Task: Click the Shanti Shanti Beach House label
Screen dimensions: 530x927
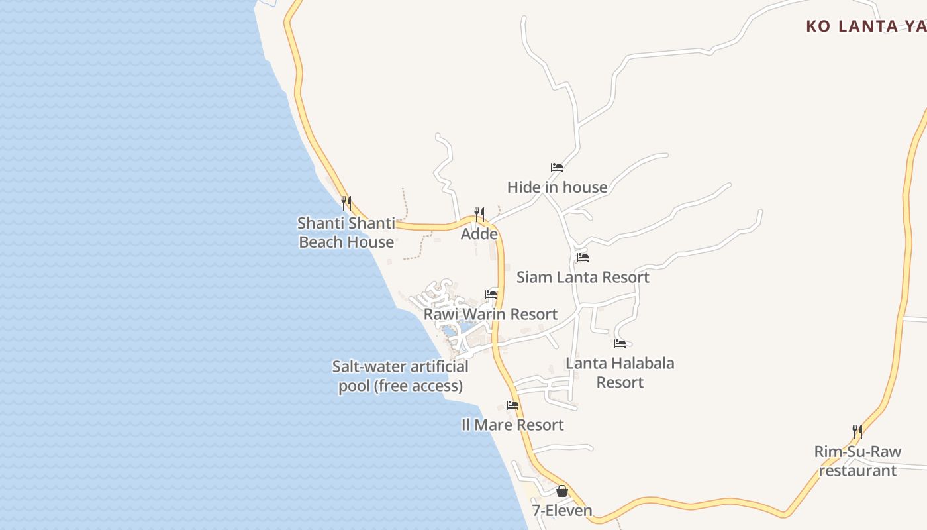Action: (x=346, y=233)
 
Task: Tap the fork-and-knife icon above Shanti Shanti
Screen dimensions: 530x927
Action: (x=346, y=203)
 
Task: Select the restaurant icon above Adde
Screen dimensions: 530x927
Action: (x=479, y=214)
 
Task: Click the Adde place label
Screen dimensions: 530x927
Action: (x=479, y=234)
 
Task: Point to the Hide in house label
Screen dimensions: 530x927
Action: (x=557, y=187)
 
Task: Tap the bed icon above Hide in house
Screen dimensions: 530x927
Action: (x=557, y=168)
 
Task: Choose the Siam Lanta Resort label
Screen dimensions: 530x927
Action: (x=583, y=277)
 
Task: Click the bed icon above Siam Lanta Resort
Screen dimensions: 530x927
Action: (x=583, y=257)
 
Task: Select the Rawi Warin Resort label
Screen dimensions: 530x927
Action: (x=491, y=314)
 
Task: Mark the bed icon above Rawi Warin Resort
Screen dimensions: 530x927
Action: (x=491, y=294)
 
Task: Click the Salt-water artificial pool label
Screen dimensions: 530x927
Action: (x=400, y=376)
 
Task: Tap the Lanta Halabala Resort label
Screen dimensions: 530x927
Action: (x=620, y=372)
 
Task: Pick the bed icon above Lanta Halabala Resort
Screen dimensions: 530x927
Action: (x=620, y=343)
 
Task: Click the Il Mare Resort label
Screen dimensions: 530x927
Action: (x=512, y=425)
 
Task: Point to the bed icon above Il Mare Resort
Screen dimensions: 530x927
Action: (x=512, y=405)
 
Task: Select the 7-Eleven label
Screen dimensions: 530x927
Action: (x=561, y=511)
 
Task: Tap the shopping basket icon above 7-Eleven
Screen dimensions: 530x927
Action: (x=561, y=491)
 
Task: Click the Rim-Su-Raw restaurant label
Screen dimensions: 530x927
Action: (x=857, y=461)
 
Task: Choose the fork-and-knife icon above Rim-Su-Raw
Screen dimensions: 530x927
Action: (x=857, y=431)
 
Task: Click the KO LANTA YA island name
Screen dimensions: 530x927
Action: (x=865, y=26)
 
